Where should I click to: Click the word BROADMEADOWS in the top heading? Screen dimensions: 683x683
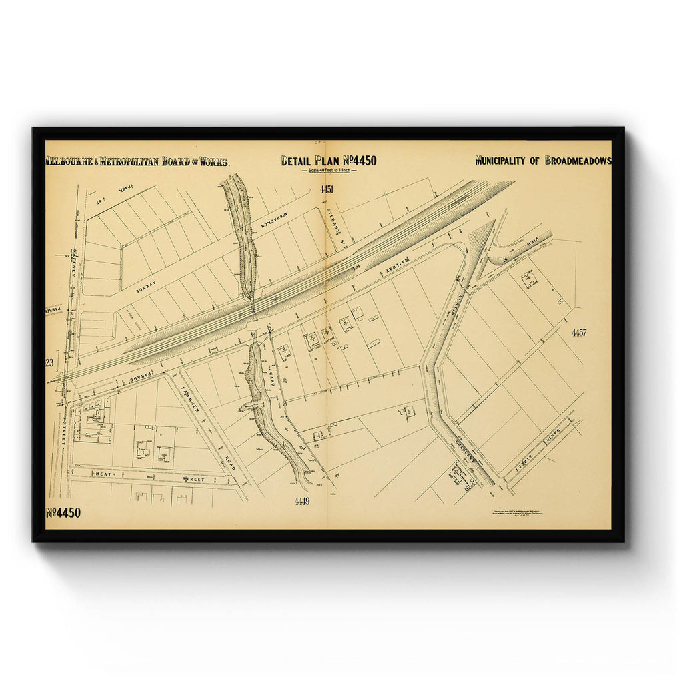tap(578, 161)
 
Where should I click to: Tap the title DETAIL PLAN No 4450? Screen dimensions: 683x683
tap(328, 161)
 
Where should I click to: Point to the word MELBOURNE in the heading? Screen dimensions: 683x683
tap(70, 161)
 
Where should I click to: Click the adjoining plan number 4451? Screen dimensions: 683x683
tap(326, 190)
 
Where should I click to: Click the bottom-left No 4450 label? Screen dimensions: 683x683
tap(63, 513)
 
